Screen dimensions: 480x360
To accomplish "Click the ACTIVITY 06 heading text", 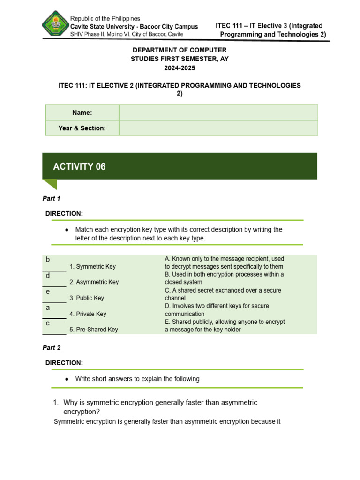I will coord(79,166).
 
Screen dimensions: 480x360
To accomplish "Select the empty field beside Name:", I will coord(218,112).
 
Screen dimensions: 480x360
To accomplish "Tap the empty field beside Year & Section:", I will coord(218,128).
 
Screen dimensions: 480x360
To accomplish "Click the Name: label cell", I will coord(82,112).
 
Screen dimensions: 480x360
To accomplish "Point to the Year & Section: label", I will coord(82,128).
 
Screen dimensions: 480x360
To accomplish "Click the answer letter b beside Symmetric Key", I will coord(47,260).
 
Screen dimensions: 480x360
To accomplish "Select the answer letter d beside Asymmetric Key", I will coord(47,276).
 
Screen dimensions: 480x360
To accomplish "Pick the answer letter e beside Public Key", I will coord(47,292).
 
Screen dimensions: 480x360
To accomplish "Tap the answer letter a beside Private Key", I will coord(47,307).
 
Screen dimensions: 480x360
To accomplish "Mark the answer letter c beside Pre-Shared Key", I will coord(47,323).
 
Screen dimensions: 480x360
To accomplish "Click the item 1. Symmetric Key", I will coord(92,266).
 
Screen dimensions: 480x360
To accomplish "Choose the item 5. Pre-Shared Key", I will coord(94,330).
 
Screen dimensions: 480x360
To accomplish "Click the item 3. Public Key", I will coord(87,298).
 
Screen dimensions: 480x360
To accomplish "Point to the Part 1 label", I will coord(51,198).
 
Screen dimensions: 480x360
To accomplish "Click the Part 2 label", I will coord(51,348).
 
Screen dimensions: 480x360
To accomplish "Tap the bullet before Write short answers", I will coord(67,379).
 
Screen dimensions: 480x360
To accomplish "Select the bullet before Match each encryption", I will coord(67,230).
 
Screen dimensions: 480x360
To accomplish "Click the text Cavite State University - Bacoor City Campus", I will coord(134,27).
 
